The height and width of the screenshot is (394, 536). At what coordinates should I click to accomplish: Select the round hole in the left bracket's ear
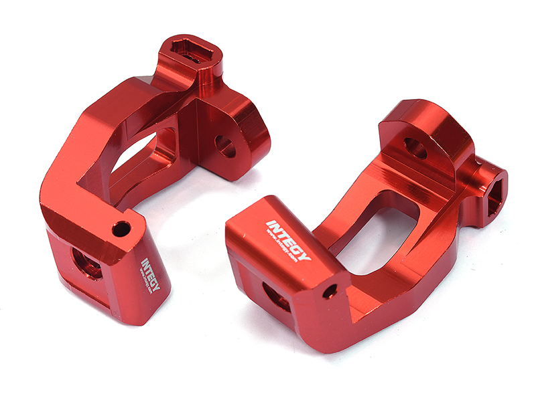point(225,146)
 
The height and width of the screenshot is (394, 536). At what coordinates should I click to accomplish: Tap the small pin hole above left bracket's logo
point(121,229)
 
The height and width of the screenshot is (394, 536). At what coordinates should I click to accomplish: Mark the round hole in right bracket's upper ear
point(415,149)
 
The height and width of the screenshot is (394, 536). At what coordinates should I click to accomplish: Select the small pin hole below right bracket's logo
point(328,292)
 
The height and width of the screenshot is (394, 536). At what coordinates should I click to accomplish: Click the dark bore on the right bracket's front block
point(275,295)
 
